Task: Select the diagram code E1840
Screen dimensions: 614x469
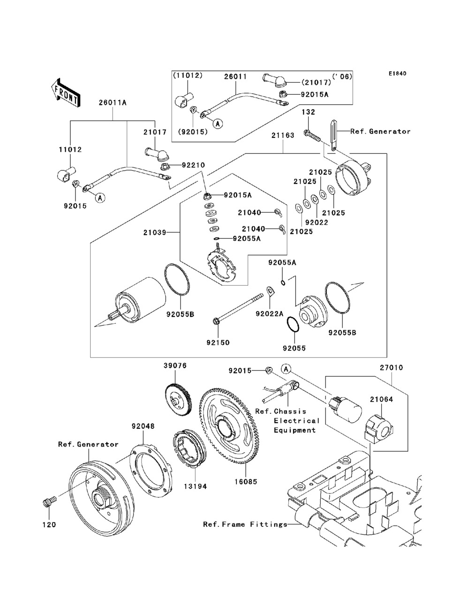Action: [397, 74]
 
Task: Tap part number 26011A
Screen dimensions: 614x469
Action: [113, 103]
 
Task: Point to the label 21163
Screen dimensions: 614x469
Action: [282, 136]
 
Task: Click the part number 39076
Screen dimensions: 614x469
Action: [175, 366]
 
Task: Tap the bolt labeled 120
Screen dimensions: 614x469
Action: [48, 503]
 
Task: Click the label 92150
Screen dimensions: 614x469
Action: [218, 342]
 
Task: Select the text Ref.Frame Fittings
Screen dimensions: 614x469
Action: [245, 524]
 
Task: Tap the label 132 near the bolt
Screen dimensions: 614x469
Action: [308, 112]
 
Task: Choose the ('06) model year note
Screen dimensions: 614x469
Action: [343, 76]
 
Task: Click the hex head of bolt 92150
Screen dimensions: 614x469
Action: [216, 322]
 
